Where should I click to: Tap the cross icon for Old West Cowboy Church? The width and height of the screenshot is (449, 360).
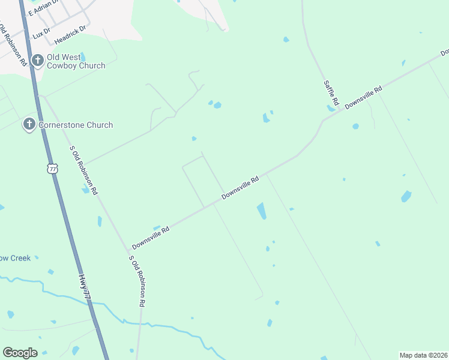[x=37, y=59]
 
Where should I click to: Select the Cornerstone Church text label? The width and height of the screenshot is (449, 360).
[x=75, y=125]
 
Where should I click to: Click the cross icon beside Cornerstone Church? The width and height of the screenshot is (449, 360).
[x=28, y=125]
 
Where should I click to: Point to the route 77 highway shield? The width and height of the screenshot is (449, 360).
[x=53, y=169]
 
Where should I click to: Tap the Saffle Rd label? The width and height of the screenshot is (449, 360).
[x=331, y=92]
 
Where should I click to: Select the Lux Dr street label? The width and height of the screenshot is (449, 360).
[x=40, y=35]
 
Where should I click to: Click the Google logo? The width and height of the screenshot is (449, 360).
[x=20, y=353]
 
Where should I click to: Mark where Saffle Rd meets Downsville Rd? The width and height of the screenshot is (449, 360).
[x=340, y=110]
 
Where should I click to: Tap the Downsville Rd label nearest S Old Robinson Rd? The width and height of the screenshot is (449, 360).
[x=151, y=238]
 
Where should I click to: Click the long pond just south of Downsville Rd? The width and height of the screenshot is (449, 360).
[x=261, y=211]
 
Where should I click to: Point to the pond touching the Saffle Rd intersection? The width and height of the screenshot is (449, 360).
[x=331, y=109]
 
